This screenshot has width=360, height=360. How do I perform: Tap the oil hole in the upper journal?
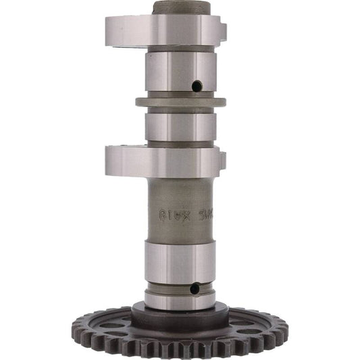point(197,86)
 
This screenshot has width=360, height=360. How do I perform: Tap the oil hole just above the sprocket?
point(195,288)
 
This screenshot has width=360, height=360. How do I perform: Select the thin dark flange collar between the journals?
point(180,103)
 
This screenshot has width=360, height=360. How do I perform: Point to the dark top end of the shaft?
point(180,7)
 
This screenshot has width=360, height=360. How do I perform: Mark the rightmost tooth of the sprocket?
point(285,329)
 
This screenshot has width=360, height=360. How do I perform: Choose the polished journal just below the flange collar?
point(180,126)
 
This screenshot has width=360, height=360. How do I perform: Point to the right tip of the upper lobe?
point(222,30)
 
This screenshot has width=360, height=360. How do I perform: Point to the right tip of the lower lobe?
point(222,161)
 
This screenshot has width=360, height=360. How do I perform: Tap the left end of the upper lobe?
point(108,30)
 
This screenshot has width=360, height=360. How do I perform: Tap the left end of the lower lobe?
point(108,161)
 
